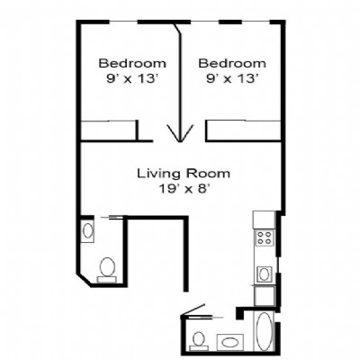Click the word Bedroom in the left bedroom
(x=132, y=64)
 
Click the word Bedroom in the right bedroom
(x=232, y=64)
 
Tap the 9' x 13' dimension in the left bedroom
(x=132, y=79)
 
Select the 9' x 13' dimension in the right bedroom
(x=232, y=79)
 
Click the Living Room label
(x=184, y=174)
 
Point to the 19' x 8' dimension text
(x=184, y=189)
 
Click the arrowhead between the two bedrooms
(x=180, y=133)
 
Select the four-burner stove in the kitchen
(x=265, y=238)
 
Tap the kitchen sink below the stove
(x=264, y=274)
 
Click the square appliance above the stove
(x=264, y=220)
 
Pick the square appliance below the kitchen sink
(x=265, y=296)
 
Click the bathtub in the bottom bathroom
(x=264, y=331)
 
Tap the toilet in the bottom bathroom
(x=198, y=341)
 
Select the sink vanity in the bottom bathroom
(x=230, y=342)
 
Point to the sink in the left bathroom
(x=87, y=231)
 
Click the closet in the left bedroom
(x=110, y=130)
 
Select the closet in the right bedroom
(x=243, y=130)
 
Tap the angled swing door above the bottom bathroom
(x=193, y=310)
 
